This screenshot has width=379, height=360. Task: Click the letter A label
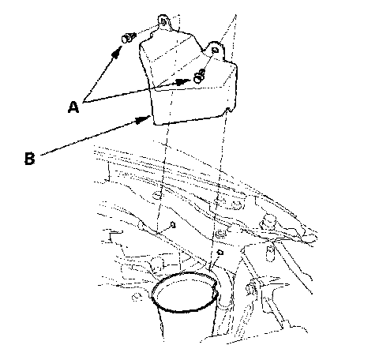point(73,107)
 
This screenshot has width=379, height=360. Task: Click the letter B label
point(30,159)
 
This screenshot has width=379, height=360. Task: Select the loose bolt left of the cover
point(128,37)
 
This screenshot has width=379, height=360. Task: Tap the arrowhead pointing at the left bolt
point(117,52)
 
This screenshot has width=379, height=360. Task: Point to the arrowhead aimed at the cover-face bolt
point(183,81)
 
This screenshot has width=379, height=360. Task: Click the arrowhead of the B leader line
point(143,120)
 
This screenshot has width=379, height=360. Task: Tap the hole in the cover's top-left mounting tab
point(163,21)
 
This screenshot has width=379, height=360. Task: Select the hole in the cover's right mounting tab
point(215,50)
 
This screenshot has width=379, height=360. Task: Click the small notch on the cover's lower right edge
point(230,110)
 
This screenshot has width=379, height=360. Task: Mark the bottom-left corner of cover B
point(156,124)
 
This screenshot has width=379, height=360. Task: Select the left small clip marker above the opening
point(173,225)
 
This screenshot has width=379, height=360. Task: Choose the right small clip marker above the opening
point(220,253)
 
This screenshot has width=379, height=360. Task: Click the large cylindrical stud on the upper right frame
point(268,223)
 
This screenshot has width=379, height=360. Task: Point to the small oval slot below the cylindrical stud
point(270,253)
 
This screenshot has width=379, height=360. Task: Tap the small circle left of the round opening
point(136,298)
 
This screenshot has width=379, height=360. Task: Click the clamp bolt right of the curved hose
point(252,287)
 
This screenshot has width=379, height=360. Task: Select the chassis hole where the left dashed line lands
point(156,195)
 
